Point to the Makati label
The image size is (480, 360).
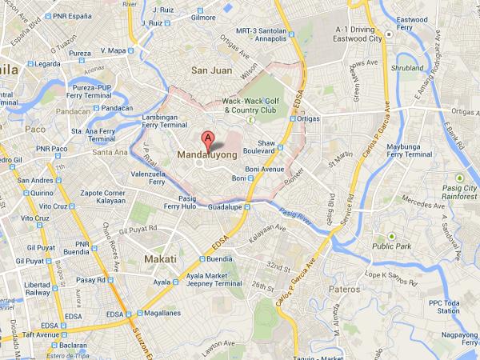[x=161, y=259]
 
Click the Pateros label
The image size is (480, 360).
[x=345, y=287]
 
